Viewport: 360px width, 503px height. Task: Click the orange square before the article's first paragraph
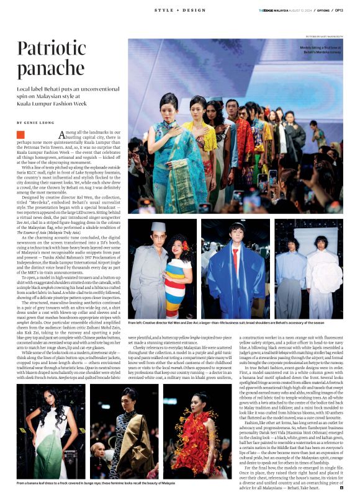(20, 135)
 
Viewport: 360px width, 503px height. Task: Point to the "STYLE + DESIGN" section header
(179, 11)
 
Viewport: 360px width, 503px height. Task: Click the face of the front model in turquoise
(168, 104)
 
